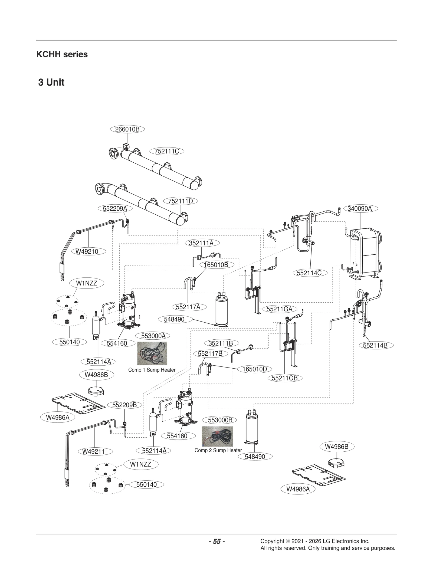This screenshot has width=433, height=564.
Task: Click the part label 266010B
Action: [127, 129]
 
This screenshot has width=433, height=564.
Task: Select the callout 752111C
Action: [167, 151]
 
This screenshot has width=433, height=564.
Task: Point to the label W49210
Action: [87, 251]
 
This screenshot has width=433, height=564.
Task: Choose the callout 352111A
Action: [201, 243]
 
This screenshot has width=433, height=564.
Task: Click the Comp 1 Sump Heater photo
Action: [152, 353]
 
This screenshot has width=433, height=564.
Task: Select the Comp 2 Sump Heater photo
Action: [217, 436]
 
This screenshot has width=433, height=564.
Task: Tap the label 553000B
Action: [220, 420]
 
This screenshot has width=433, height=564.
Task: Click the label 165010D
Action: [255, 369]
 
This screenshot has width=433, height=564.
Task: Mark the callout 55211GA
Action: [279, 309]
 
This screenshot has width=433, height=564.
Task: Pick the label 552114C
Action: [309, 273]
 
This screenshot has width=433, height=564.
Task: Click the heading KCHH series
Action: [62, 54]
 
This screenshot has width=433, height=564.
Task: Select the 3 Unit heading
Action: [51, 82]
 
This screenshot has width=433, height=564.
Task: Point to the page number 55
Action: [217, 541]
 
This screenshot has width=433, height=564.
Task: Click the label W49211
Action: [93, 451]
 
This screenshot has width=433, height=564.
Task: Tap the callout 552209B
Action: [124, 405]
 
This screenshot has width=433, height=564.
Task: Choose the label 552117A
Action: [188, 307]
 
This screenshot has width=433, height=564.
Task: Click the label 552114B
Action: [375, 345]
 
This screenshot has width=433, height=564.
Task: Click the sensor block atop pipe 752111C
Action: [126, 146]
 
